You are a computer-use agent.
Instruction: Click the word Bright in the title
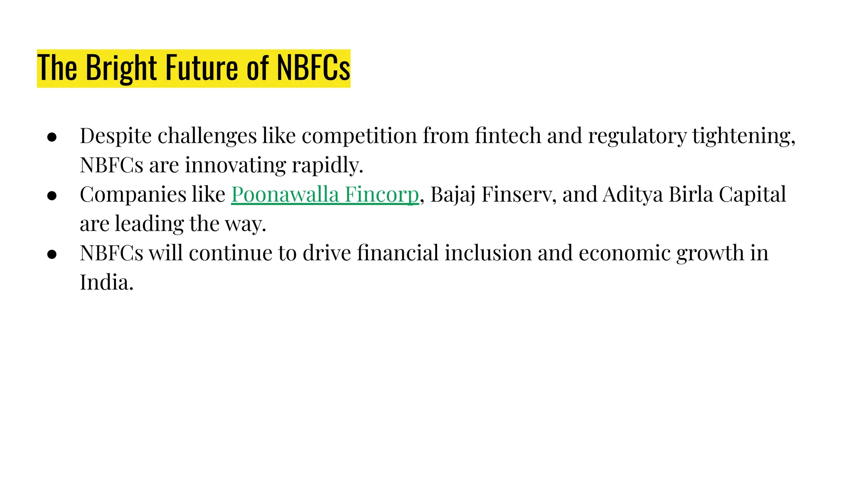tap(121, 68)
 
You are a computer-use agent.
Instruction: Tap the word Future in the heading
tap(203, 68)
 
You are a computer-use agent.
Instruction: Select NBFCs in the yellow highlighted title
tap(313, 68)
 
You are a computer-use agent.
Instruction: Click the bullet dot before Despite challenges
tap(52, 137)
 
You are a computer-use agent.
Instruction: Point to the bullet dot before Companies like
tap(52, 195)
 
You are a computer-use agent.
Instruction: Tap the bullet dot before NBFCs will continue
tap(52, 254)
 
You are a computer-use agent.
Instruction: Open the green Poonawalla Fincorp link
tap(325, 195)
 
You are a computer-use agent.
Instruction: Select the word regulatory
tap(637, 137)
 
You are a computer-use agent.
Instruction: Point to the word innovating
tap(235, 165)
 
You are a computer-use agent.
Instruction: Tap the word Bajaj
tap(453, 195)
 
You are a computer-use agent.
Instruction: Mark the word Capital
tap(752, 195)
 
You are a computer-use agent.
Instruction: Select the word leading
tap(149, 224)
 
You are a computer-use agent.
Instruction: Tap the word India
tap(106, 283)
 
